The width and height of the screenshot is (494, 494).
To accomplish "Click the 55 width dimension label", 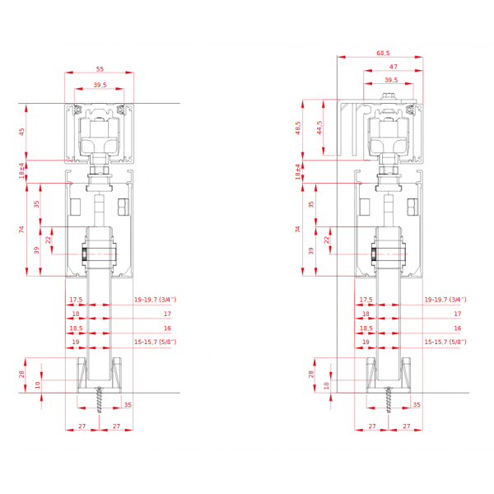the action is click(100, 69).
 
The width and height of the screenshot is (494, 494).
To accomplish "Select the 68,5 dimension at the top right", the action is click(383, 53).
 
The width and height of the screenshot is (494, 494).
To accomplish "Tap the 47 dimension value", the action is click(394, 67).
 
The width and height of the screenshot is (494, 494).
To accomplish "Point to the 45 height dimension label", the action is click(21, 132).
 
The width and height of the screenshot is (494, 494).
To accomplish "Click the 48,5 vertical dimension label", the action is click(298, 128).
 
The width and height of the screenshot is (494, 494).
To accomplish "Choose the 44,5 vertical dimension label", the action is click(319, 128).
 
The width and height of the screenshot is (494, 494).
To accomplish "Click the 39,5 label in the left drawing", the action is click(100, 85).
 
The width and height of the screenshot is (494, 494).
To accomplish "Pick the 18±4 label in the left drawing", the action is click(21, 171).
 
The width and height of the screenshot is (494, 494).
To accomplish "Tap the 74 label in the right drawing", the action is click(298, 230).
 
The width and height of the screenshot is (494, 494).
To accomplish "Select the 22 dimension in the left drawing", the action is click(48, 240).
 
